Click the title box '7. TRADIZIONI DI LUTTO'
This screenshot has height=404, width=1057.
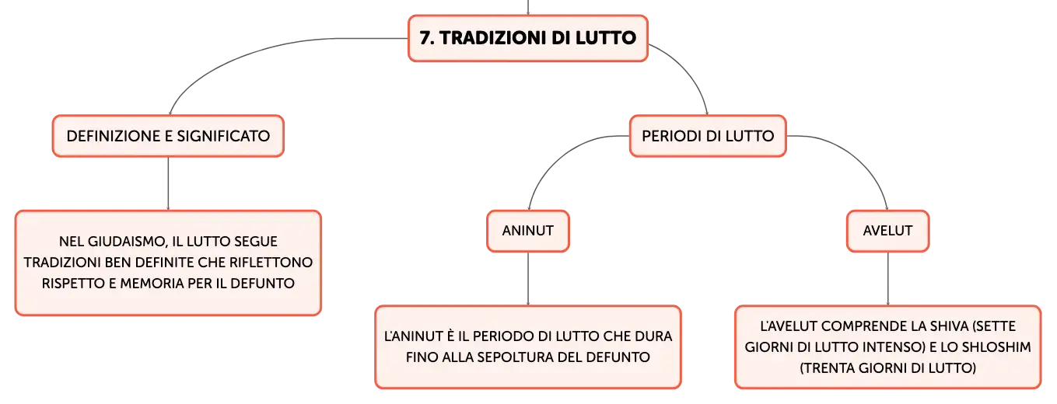click(x=528, y=38)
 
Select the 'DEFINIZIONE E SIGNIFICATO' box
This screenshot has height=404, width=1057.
click(x=168, y=136)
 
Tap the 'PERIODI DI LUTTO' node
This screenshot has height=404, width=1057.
click(x=708, y=136)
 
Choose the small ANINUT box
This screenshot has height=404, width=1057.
click(x=528, y=231)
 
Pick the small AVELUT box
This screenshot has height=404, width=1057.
click(x=887, y=231)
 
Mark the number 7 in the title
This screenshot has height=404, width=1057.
click(x=426, y=38)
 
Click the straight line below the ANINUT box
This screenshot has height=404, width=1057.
click(x=528, y=279)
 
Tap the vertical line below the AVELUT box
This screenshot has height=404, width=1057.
click(x=887, y=279)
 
